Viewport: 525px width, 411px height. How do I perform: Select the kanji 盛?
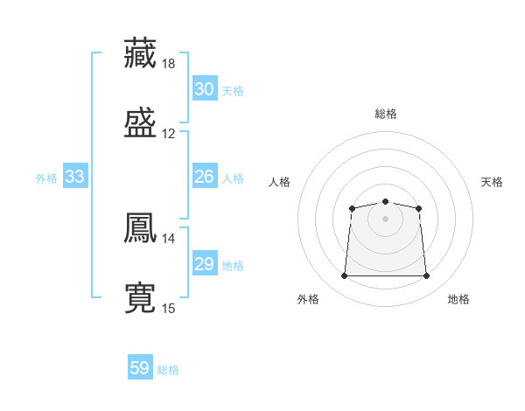coord(140,123)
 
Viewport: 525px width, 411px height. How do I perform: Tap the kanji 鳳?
coord(140,226)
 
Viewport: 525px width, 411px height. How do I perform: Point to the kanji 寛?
coord(140,298)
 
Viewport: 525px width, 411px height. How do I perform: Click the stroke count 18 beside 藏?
coord(169,64)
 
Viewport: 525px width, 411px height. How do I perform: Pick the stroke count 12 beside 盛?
coord(169,134)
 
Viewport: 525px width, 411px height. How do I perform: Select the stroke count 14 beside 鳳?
coord(169,237)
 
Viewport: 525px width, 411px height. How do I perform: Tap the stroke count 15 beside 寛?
coord(169,308)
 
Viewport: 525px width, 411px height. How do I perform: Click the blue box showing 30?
coord(205,89)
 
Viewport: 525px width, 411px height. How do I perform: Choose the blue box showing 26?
coord(205,177)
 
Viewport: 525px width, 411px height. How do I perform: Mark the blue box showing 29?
coord(205,264)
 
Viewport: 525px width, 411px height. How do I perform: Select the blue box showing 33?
coord(75,177)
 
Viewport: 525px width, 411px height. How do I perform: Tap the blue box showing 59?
coord(140,368)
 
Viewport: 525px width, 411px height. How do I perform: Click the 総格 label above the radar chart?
coord(385,114)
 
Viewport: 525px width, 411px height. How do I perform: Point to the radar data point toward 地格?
coord(427,276)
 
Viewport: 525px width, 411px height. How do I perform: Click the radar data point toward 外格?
coord(344,276)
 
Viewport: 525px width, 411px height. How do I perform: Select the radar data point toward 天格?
coord(418,208)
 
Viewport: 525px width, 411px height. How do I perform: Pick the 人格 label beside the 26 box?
coord(233,178)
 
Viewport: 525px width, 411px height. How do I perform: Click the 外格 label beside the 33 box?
coord(46,178)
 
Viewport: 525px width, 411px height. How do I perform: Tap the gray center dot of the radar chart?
coord(385,218)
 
